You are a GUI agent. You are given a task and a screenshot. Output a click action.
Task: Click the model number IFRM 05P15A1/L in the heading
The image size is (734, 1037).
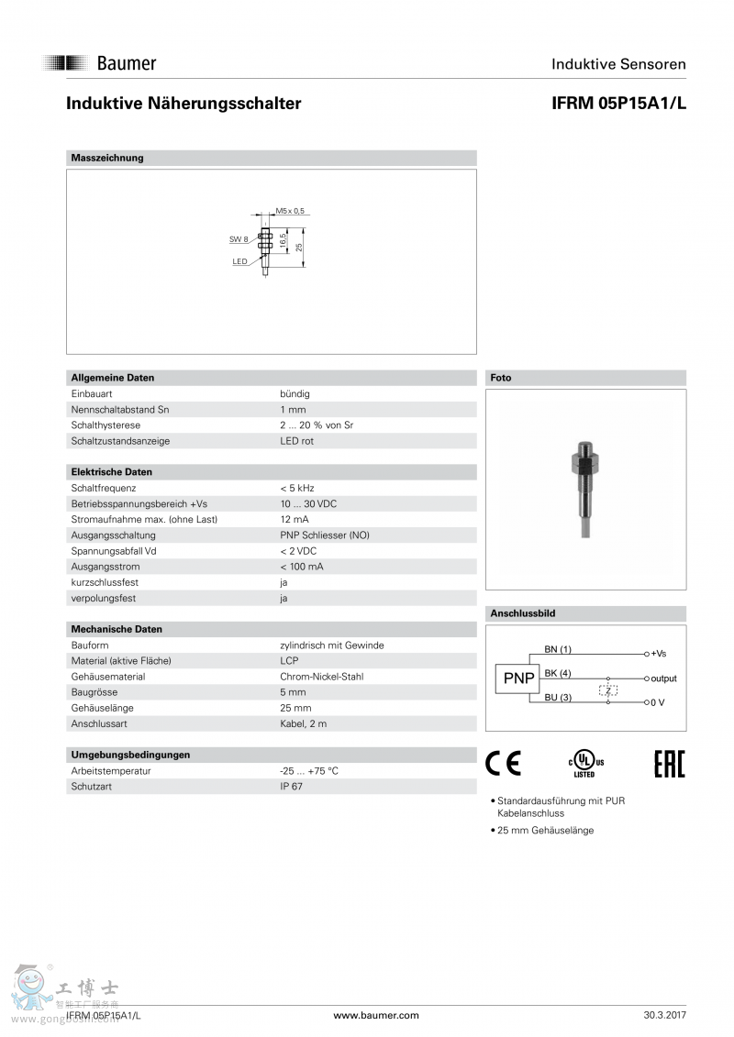618,104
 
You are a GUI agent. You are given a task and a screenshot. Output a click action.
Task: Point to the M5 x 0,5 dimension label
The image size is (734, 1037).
290,211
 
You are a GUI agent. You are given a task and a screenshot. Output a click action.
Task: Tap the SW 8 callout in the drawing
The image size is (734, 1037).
239,239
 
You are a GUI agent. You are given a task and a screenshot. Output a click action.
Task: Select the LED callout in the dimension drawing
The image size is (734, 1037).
239,261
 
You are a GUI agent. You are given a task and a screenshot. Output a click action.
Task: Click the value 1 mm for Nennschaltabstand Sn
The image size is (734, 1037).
293,409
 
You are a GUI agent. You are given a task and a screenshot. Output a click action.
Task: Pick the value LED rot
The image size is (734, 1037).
296,441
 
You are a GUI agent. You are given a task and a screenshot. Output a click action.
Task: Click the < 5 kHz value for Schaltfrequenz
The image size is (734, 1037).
297,488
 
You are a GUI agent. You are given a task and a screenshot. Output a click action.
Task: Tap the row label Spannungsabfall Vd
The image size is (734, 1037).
114,551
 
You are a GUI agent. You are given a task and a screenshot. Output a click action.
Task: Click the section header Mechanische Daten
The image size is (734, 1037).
117,629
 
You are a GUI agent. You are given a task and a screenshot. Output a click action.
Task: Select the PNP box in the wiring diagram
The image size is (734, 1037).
518,678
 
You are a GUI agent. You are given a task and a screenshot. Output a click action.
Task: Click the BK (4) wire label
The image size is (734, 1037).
557,673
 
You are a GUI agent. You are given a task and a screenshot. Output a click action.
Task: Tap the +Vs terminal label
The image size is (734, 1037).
658,654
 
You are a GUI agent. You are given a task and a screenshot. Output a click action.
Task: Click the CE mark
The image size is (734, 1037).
503,763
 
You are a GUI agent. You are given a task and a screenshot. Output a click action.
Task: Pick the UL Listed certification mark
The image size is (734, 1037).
584,764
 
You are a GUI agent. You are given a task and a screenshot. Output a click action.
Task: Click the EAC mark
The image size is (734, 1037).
669,763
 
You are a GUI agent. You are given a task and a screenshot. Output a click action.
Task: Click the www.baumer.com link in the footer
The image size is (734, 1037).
376,1015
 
